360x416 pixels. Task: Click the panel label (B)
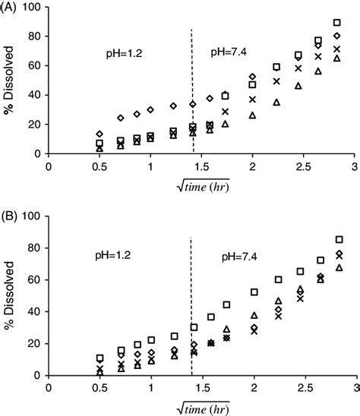(x=11, y=215)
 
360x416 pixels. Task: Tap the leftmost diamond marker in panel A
(x=99, y=134)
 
